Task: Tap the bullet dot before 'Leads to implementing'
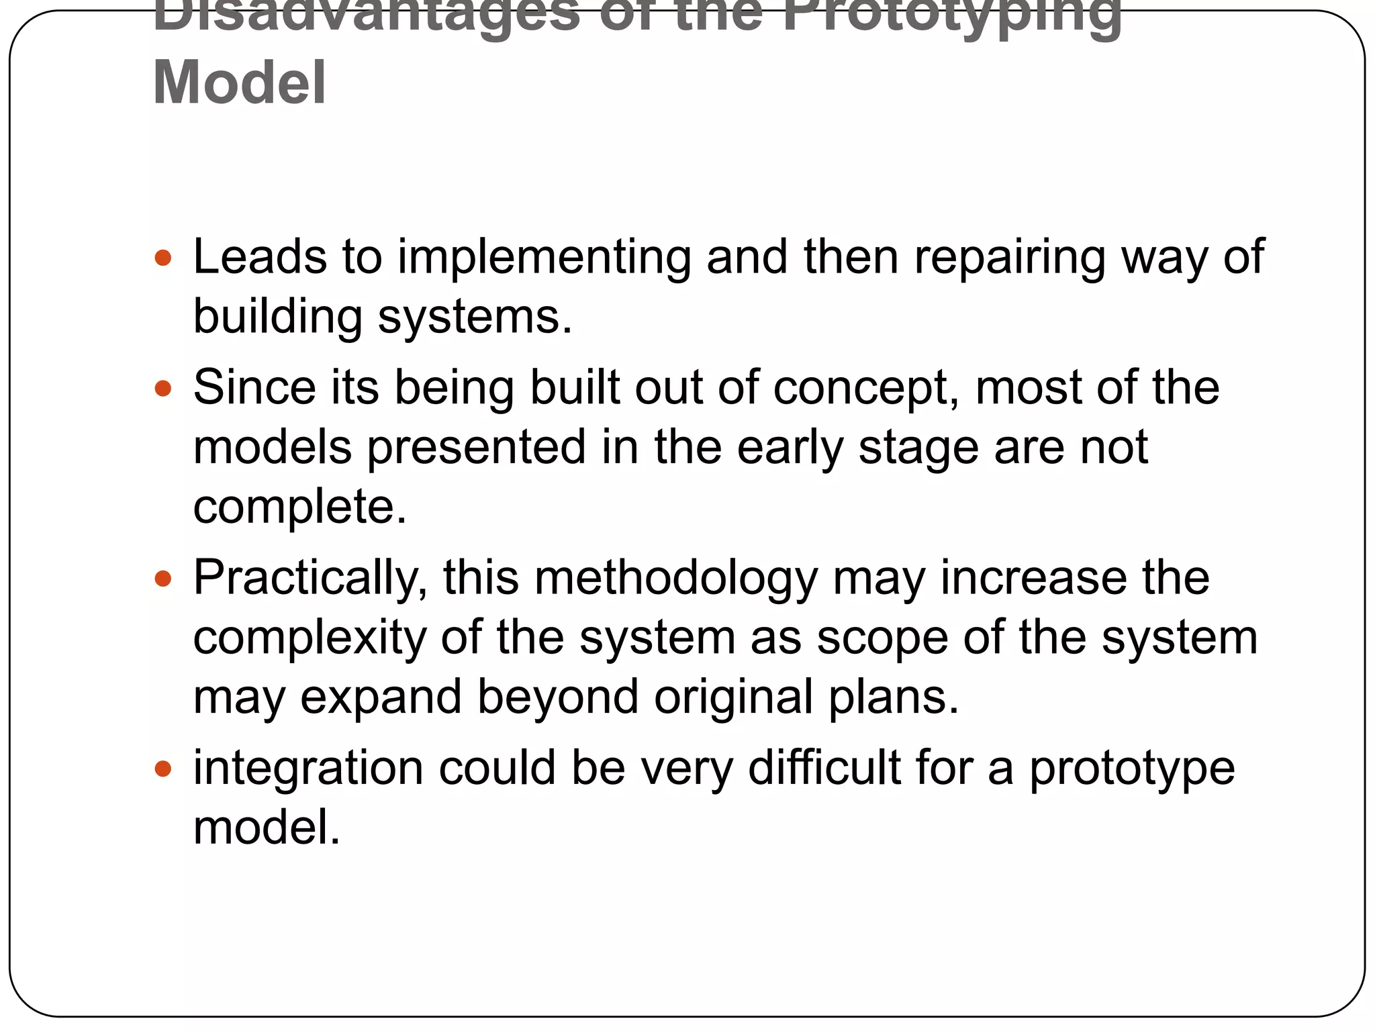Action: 163,257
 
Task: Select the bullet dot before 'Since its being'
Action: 163,388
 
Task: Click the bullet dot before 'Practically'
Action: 163,578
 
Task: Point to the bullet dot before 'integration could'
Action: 163,768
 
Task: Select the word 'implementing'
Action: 544,258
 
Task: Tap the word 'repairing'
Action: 1009,258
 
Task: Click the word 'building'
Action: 277,316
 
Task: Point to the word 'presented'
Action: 477,448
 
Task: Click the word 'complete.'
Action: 299,507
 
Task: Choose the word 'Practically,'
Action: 310,579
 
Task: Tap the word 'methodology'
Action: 676,579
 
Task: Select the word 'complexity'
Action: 310,638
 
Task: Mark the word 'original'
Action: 734,697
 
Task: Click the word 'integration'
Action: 308,769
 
